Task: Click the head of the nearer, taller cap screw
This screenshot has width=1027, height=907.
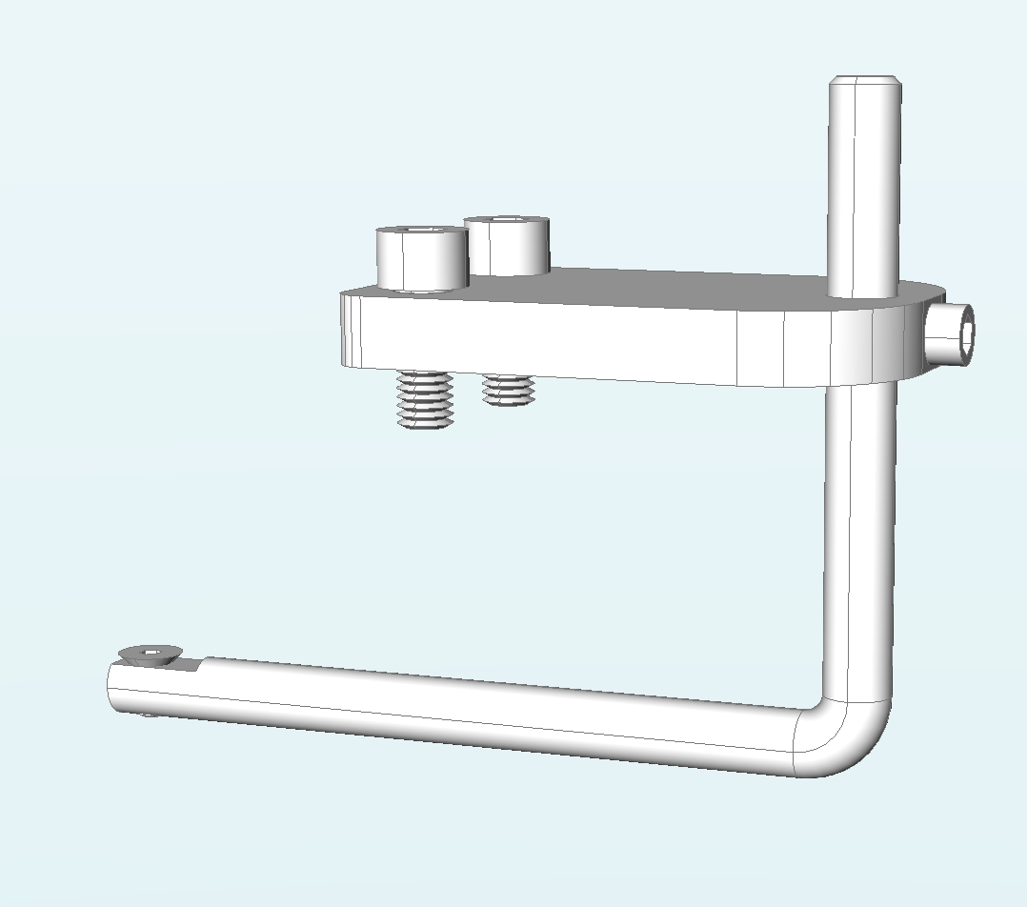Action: point(421,260)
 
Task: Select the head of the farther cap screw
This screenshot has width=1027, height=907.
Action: point(507,249)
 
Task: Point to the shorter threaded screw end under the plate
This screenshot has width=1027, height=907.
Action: point(508,390)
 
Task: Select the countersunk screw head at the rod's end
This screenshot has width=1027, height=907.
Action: point(149,654)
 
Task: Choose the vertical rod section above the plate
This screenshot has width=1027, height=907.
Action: point(863,191)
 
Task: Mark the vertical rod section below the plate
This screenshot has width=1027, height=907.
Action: point(859,534)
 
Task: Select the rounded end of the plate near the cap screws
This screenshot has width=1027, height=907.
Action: point(349,329)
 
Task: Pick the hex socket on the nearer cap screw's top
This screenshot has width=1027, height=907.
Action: point(421,231)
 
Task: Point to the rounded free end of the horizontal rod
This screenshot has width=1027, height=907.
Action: point(114,688)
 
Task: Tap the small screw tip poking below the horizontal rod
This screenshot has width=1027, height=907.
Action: point(145,715)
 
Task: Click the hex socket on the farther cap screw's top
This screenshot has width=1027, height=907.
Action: point(507,220)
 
